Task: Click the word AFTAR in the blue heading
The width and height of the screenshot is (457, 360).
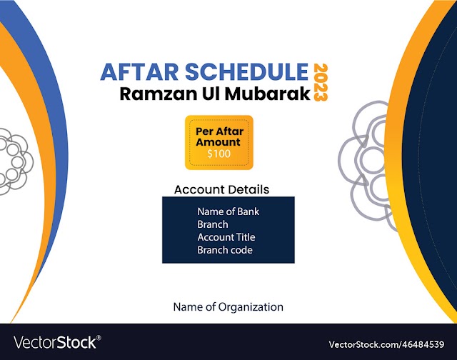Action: pyautogui.click(x=139, y=71)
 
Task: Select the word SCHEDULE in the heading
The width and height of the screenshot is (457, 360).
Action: pyautogui.click(x=247, y=71)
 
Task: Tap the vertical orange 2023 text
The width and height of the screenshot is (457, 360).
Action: pyautogui.click(x=321, y=82)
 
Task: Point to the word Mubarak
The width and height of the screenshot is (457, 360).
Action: pyautogui.click(x=268, y=94)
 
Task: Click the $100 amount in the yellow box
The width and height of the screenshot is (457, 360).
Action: pyautogui.click(x=219, y=154)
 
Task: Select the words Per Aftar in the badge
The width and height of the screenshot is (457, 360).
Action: pyautogui.click(x=219, y=131)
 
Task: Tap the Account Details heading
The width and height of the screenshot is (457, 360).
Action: pyautogui.click(x=221, y=189)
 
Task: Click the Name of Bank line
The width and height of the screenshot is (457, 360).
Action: pyautogui.click(x=228, y=211)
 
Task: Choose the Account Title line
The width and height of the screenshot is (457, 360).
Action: pyautogui.click(x=226, y=237)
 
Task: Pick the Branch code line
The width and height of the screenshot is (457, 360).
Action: pyautogui.click(x=225, y=250)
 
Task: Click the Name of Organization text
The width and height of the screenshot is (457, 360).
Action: pyautogui.click(x=228, y=307)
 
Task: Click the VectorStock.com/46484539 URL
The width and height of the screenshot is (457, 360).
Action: pyautogui.click(x=386, y=344)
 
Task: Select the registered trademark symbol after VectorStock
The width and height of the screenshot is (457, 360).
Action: pyautogui.click(x=99, y=338)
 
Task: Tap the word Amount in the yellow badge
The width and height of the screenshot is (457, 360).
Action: pyautogui.click(x=218, y=142)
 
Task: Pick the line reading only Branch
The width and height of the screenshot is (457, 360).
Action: pyautogui.click(x=213, y=224)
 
